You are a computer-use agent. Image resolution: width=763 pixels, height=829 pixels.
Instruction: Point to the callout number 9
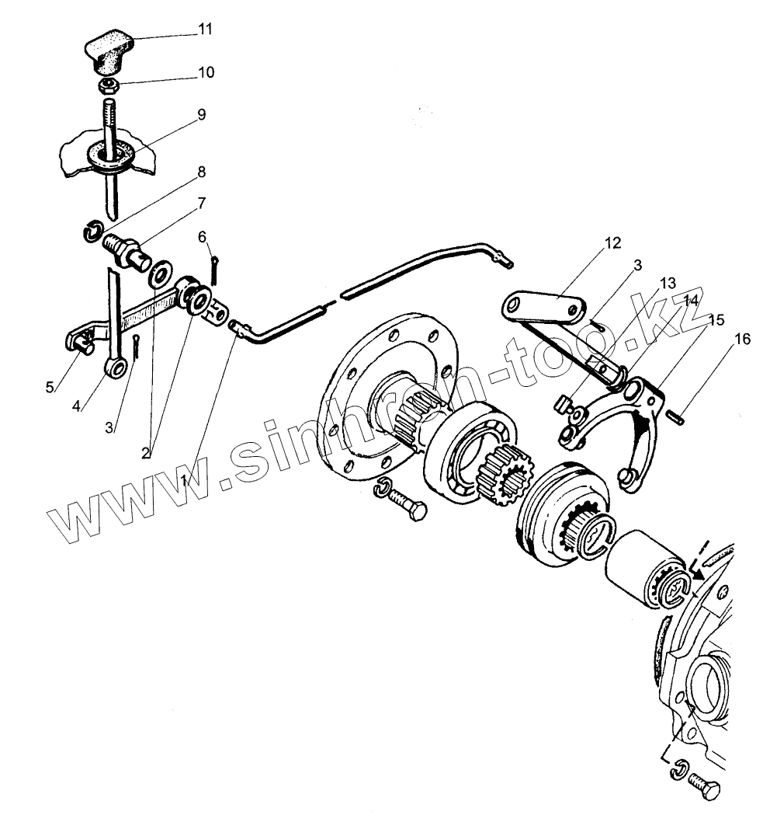coord(201,114)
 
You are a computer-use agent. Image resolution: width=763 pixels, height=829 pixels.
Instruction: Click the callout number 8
coord(201,171)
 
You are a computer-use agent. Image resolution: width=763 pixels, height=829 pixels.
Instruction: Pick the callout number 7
coord(201,204)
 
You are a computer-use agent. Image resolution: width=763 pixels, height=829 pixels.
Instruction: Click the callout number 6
coord(201,236)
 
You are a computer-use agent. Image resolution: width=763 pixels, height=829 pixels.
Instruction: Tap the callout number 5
coord(50,386)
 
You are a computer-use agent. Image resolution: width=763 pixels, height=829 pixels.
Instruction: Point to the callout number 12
coord(614,243)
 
